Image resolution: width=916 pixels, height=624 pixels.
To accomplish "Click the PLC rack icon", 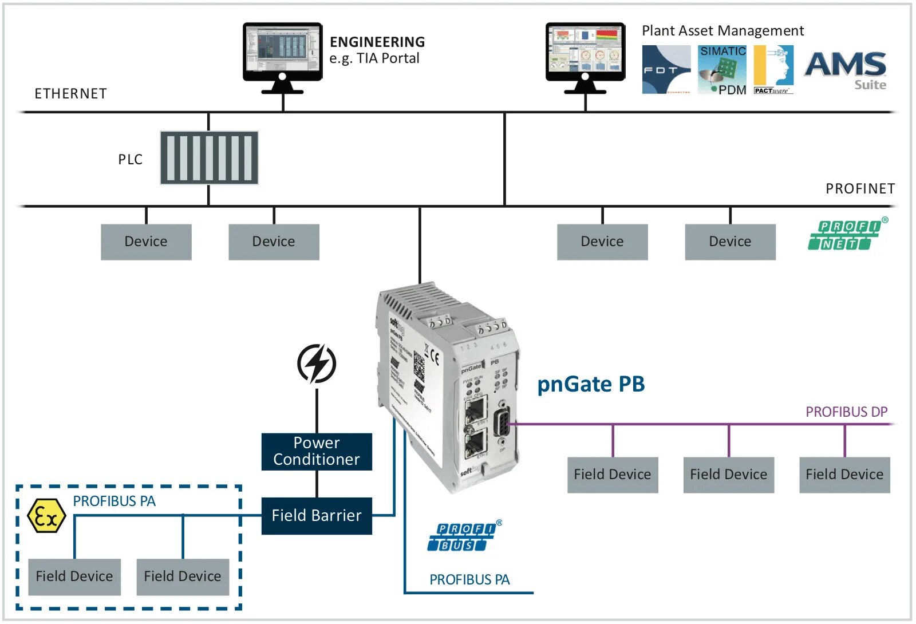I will [x=209, y=158].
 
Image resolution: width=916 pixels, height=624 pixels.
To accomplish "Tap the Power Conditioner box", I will [x=317, y=452].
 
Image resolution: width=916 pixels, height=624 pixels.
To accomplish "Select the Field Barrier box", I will [x=317, y=516].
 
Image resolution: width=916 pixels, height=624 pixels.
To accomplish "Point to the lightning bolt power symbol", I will [x=317, y=364].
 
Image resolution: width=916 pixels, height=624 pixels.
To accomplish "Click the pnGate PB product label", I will [x=591, y=384].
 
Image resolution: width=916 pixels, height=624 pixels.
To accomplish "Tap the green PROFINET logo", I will [x=846, y=235].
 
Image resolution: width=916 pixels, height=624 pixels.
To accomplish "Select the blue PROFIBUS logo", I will [x=463, y=537].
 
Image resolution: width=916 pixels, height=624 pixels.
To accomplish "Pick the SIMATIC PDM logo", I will [x=722, y=70].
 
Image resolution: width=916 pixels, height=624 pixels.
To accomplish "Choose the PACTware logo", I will [x=773, y=70].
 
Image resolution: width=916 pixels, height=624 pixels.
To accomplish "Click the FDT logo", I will [x=666, y=70].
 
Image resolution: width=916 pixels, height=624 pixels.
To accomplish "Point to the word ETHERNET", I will [x=71, y=94].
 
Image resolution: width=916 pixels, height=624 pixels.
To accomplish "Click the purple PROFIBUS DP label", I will [x=846, y=412].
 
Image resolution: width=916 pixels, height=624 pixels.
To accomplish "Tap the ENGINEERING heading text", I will [x=377, y=42].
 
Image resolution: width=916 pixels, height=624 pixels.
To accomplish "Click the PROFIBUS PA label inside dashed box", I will [x=114, y=501].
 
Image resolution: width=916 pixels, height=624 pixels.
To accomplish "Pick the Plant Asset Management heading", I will [x=722, y=31].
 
